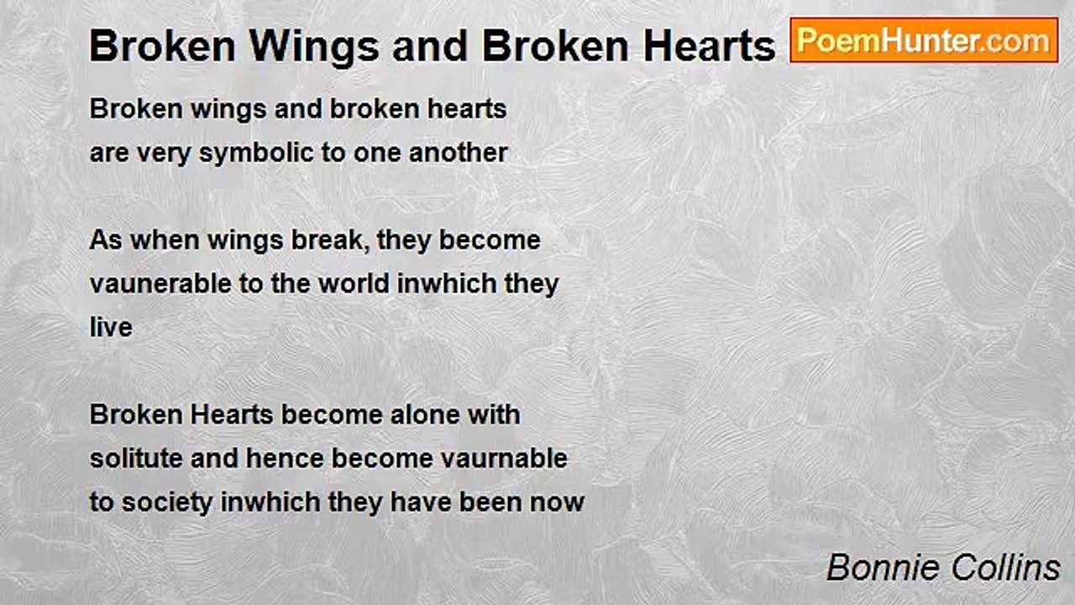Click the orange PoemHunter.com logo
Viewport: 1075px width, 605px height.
[924, 40]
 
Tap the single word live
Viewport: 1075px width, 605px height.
[111, 328]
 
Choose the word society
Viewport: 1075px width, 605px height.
[167, 502]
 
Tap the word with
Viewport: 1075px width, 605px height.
[495, 415]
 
